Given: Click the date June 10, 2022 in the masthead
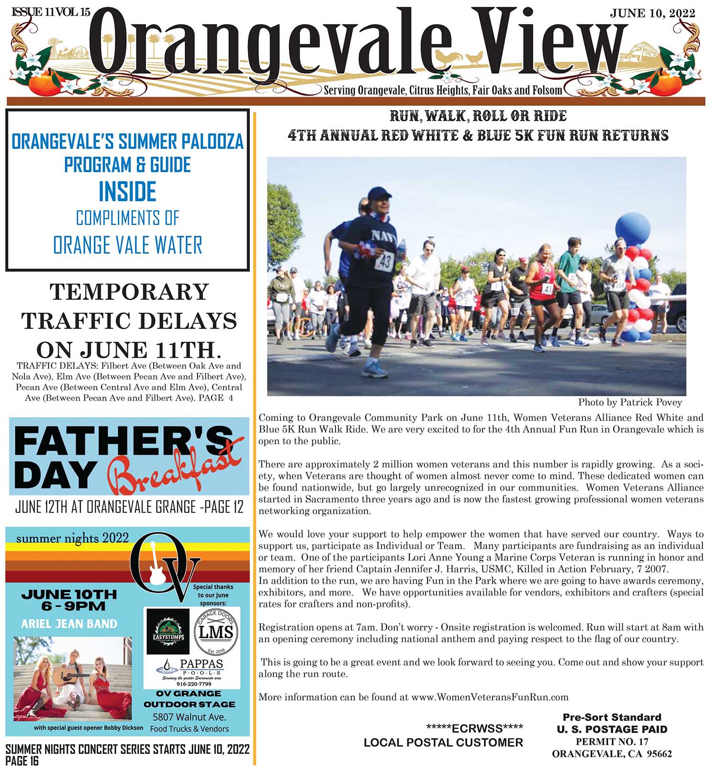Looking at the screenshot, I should tap(652, 13).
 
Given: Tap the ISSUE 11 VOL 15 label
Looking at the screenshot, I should tap(50, 12).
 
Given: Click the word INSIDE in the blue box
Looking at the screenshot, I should tap(127, 192).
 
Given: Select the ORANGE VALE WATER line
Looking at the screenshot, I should tap(127, 245).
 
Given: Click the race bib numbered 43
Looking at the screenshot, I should tap(384, 261).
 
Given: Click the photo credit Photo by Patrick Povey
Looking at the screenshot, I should tap(629, 402).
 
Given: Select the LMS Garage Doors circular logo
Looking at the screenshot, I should tap(216, 632).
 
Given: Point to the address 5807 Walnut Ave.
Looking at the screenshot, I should tap(189, 717).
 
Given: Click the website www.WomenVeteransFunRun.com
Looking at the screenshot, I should tap(490, 697).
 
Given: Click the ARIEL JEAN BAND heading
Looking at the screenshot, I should tap(69, 624).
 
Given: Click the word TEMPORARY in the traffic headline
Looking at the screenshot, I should tap(129, 292).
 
